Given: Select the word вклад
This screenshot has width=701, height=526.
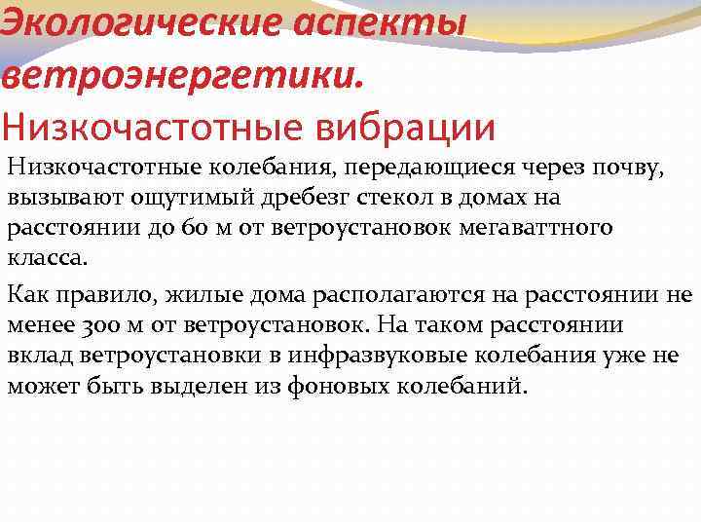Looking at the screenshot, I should [36, 356].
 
